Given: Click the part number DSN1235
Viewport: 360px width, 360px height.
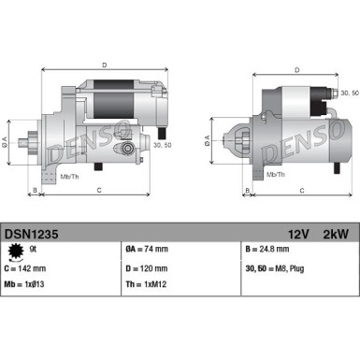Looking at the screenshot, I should coord(31,238).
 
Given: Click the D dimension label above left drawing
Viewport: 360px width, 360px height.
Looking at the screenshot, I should coord(104,65).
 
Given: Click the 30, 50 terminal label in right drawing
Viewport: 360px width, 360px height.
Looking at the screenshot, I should coord(349,94).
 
